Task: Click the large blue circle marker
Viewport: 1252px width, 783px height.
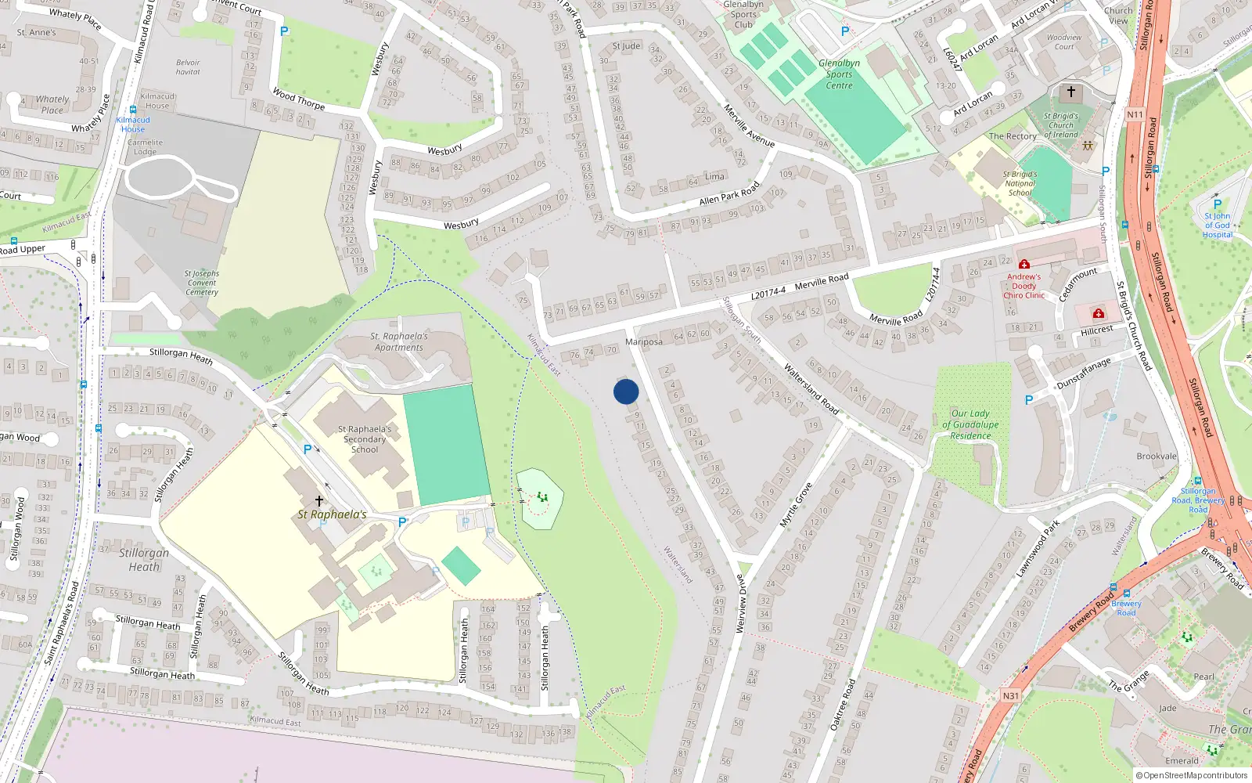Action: click(626, 391)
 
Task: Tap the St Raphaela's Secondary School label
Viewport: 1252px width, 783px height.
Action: click(365, 439)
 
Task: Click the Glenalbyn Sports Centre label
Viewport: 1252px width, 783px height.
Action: click(839, 74)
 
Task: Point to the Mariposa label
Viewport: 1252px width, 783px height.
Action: click(644, 342)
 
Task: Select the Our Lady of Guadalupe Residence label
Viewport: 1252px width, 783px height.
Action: click(970, 424)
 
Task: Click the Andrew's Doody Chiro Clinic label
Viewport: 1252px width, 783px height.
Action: click(1024, 286)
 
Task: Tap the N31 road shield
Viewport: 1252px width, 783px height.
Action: click(1010, 695)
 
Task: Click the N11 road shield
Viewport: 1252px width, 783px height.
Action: click(1135, 114)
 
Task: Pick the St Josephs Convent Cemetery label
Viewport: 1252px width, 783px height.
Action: click(202, 283)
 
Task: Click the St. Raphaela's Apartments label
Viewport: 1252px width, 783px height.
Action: click(399, 341)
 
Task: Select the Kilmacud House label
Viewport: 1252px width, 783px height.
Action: click(157, 101)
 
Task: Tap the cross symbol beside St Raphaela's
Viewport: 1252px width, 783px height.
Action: click(319, 501)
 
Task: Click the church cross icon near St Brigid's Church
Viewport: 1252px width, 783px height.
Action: click(1071, 92)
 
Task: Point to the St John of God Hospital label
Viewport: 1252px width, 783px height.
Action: click(1217, 225)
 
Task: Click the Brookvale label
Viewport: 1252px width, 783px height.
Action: click(1157, 456)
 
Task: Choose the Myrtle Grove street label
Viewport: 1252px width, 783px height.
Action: click(796, 505)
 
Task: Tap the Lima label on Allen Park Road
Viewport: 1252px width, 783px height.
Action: click(714, 177)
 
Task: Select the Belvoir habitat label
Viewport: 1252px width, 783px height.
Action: click(188, 67)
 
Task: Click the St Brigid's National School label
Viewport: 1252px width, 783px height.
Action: click(1020, 183)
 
